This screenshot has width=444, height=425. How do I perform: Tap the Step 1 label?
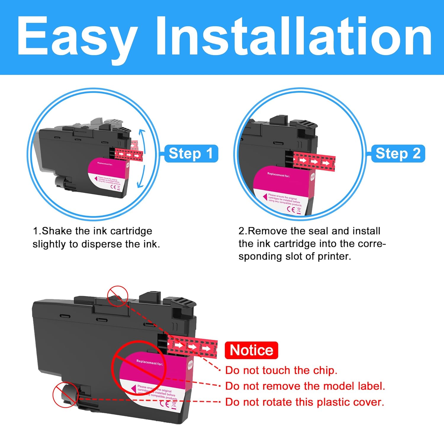click(x=191, y=154)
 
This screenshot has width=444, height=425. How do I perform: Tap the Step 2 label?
click(x=398, y=154)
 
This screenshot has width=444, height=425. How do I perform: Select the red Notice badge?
click(x=251, y=350)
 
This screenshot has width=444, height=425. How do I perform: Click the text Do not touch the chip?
click(x=281, y=370)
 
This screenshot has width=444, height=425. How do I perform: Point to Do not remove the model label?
click(x=305, y=386)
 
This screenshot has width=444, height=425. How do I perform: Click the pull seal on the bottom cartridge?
click(x=192, y=346)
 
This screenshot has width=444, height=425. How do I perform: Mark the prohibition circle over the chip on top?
click(x=118, y=296)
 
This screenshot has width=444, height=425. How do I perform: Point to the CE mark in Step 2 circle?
click(x=291, y=209)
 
